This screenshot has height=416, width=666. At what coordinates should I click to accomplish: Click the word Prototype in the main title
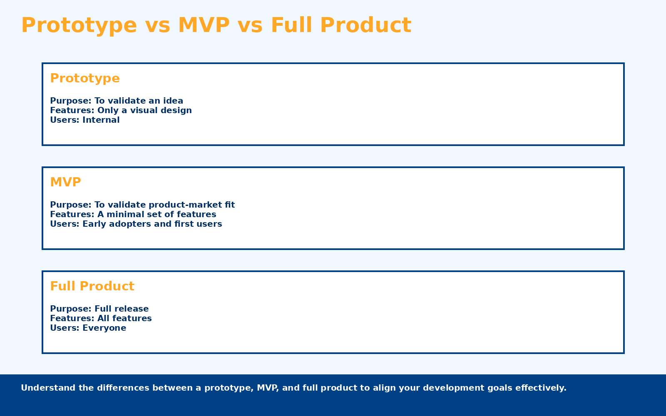(79, 25)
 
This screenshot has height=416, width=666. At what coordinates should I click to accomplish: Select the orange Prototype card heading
(85, 78)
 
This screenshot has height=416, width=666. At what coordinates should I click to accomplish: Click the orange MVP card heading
(65, 182)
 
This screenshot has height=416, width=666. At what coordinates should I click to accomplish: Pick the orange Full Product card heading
(92, 286)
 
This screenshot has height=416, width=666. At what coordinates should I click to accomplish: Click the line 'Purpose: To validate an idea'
(117, 101)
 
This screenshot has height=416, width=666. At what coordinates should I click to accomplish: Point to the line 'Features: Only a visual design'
(121, 110)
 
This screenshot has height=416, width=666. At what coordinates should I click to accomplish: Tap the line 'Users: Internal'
(84, 120)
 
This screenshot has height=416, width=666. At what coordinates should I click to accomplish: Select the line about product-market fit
(142, 205)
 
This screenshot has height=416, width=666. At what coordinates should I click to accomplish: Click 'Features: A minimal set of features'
(133, 214)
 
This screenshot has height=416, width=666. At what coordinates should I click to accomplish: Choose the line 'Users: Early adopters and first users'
(136, 224)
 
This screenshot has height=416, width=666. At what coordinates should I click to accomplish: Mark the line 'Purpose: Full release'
(99, 309)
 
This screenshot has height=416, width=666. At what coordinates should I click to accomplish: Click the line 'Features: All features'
(101, 318)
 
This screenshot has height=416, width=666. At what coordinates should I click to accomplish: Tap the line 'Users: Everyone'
(88, 328)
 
